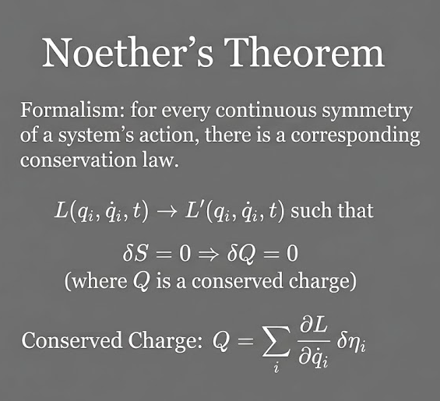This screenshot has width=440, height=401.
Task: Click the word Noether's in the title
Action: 128,52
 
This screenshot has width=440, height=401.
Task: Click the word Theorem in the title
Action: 305,52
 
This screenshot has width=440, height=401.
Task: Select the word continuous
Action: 266,110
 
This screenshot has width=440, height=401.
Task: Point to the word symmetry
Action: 367,111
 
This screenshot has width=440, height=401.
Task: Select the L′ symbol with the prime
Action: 192,210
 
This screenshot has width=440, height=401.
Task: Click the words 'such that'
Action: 332,210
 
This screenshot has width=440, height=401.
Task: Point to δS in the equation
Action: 135,253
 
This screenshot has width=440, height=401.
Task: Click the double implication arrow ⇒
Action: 208,254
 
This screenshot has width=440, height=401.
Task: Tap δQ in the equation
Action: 241,254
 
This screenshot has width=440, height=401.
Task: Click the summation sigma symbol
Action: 276,341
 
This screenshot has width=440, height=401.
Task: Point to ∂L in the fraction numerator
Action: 313,326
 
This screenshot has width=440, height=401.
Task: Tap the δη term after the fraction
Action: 351,342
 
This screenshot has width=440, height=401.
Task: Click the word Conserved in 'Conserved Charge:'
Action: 72,340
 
